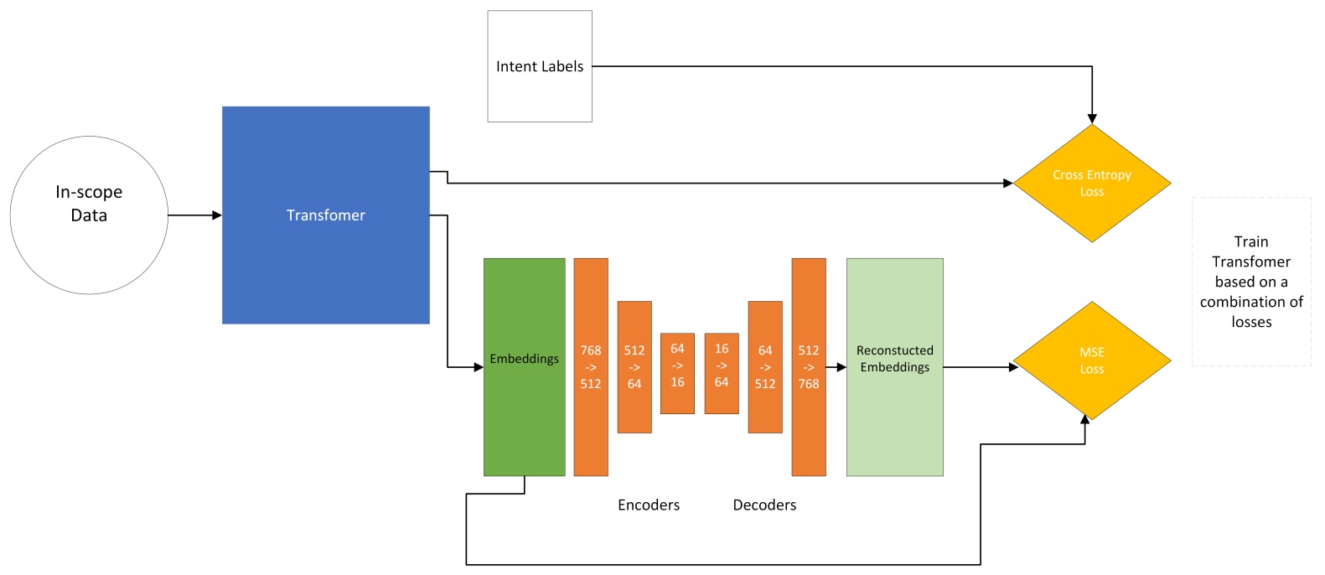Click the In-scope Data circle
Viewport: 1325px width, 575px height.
click(89, 215)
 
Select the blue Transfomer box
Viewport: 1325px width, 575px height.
click(325, 215)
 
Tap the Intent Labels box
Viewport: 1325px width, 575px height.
click(540, 66)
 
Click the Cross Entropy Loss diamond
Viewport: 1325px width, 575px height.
click(1091, 184)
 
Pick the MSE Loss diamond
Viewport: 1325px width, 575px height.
click(1091, 360)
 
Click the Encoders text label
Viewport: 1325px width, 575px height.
click(649, 505)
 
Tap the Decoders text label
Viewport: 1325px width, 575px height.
click(764, 505)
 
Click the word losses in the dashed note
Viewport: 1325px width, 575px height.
click(1251, 322)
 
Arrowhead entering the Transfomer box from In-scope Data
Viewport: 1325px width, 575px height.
click(217, 215)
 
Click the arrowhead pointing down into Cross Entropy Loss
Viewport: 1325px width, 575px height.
click(1092, 119)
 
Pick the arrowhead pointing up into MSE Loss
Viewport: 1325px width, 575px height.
click(1085, 418)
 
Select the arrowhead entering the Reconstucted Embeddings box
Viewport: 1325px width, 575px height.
click(841, 367)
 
